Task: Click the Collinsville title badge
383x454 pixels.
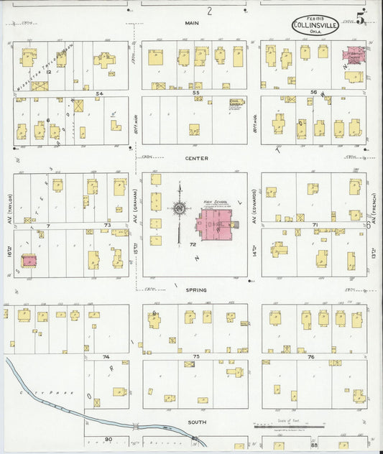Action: pos(310,26)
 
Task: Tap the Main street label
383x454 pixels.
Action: pos(191,23)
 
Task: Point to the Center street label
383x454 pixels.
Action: pos(195,158)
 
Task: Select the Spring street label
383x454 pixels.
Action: pos(195,290)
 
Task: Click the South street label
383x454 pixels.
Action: pos(195,421)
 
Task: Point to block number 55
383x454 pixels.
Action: pos(195,93)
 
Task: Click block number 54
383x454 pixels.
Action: pos(100,93)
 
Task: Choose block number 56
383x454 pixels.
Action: pos(313,93)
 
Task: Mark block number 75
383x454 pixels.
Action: pos(195,356)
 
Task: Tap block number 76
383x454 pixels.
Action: pos(310,356)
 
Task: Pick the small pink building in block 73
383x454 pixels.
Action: pos(29,260)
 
